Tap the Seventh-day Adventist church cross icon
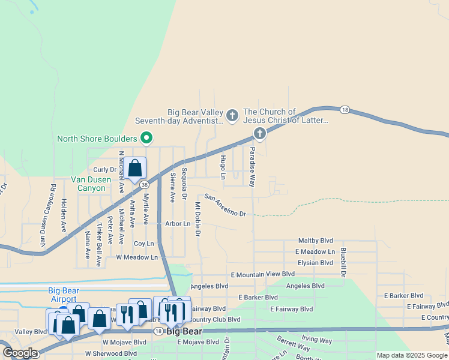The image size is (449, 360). (232, 113)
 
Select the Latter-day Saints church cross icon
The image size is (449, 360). (260, 134)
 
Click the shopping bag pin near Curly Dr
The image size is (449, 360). (135, 168)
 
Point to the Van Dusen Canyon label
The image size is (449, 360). (88, 184)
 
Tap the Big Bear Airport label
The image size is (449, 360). (63, 295)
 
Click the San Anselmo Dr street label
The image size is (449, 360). (225, 205)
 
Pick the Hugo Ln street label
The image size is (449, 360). (223, 167)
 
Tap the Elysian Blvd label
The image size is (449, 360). (315, 263)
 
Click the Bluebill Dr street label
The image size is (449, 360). (344, 262)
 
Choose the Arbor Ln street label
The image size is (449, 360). (178, 224)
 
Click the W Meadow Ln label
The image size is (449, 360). (137, 257)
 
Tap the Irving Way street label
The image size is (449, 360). (317, 341)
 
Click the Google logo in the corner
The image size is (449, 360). (20, 353)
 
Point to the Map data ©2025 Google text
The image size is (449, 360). (411, 355)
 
